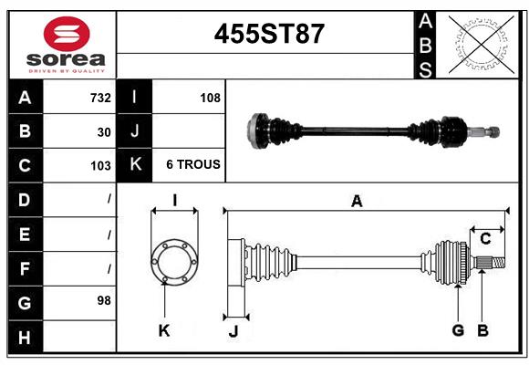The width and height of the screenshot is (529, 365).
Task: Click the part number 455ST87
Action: point(268,34)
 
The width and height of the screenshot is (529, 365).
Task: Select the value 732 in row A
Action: point(100,98)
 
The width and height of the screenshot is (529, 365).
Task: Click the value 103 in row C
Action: point(100,165)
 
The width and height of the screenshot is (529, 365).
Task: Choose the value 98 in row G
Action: point(104,299)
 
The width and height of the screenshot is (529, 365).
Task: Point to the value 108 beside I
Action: point(210,98)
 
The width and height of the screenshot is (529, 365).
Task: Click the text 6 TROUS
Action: point(192,165)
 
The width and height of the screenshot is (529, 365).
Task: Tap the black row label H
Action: point(25,337)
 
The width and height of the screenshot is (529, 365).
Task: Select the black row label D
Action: point(25,199)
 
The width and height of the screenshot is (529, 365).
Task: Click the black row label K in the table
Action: point(135,165)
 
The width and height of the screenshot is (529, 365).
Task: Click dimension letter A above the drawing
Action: point(357,202)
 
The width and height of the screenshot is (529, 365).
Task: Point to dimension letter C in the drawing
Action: point(485,239)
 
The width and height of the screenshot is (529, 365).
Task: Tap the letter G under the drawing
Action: point(458,330)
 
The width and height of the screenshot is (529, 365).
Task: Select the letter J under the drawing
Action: point(233,331)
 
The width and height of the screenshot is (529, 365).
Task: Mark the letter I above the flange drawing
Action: point(173,201)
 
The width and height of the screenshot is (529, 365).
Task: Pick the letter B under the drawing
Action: point(482,330)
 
